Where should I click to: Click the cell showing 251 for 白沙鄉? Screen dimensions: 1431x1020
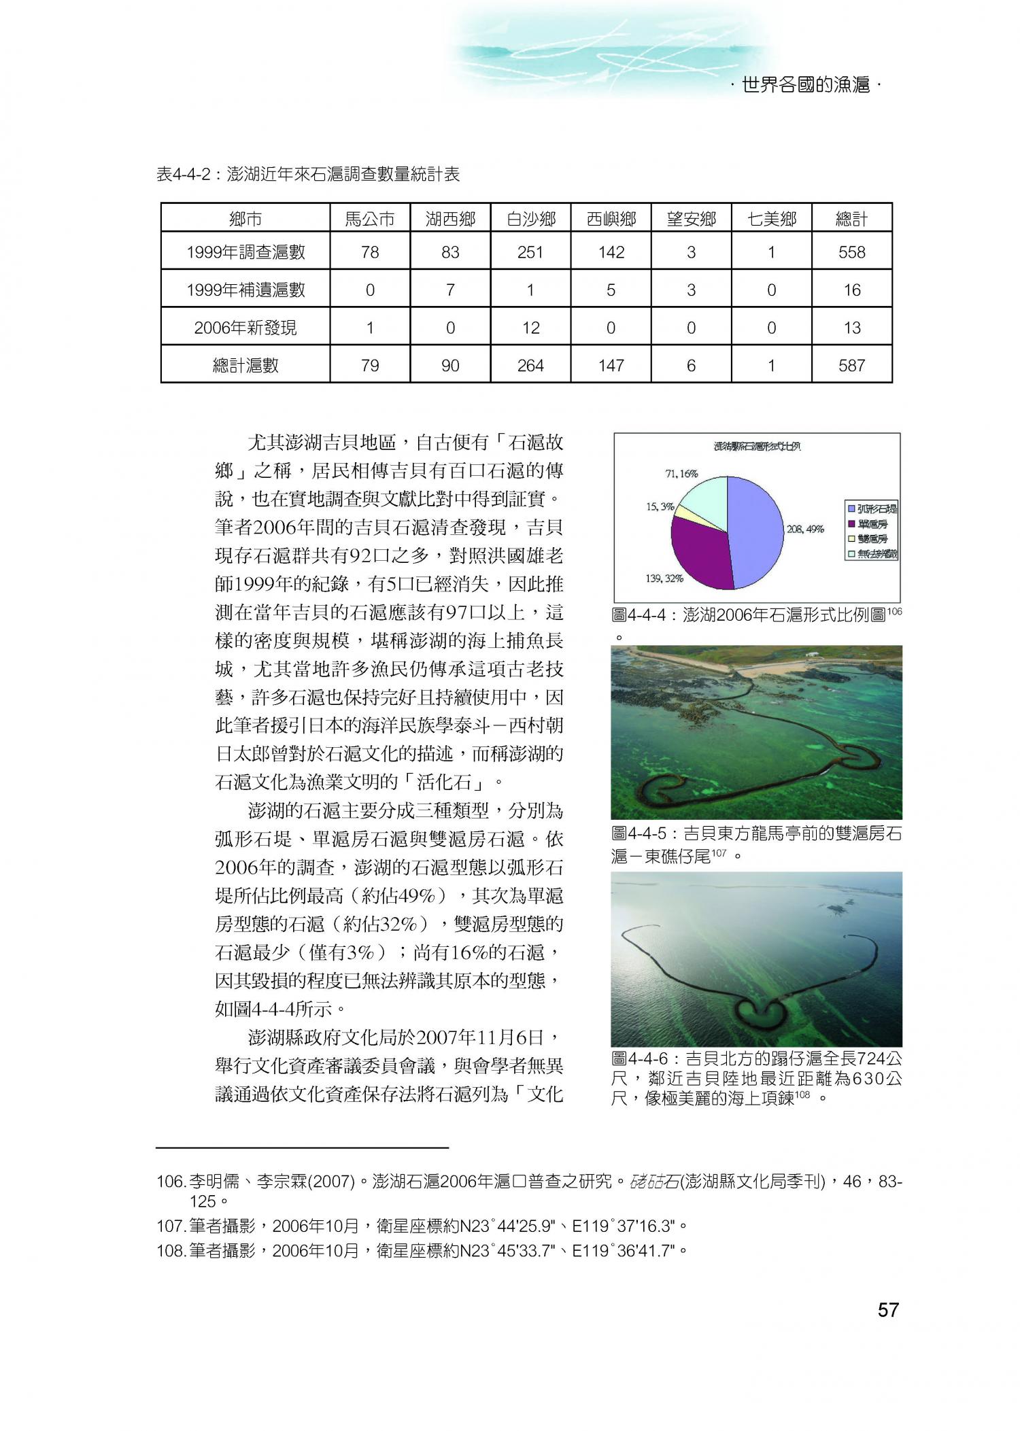click(x=530, y=252)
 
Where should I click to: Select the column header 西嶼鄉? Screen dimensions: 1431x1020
click(x=611, y=219)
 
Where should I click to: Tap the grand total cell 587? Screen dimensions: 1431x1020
click(x=851, y=366)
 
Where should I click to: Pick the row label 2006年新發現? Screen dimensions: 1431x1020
click(x=245, y=328)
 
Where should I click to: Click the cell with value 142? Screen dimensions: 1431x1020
click(x=611, y=252)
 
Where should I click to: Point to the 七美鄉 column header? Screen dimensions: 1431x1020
click(x=771, y=219)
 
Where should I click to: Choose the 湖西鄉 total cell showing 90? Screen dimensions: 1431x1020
click(x=450, y=366)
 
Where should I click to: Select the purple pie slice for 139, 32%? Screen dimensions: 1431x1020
click(x=697, y=551)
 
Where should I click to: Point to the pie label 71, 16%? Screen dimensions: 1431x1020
click(x=681, y=474)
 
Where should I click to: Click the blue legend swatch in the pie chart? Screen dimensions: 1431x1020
click(x=851, y=508)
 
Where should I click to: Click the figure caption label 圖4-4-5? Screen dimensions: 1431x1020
click(x=640, y=834)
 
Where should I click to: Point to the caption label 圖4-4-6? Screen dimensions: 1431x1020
click(x=640, y=1059)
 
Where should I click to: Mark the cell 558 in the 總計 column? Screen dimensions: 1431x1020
click(x=851, y=252)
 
